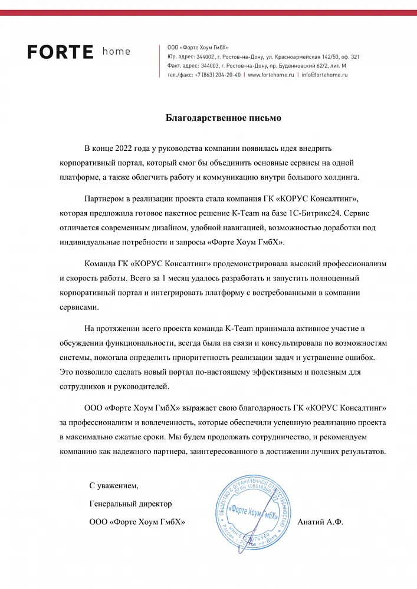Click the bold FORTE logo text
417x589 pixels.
click(60, 52)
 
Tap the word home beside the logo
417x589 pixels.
click(116, 51)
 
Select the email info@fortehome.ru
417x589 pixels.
click(324, 75)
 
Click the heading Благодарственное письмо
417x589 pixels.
click(224, 118)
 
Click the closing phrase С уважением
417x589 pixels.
click(114, 486)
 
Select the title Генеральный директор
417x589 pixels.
click(131, 504)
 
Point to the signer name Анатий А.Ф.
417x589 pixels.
click(321, 522)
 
